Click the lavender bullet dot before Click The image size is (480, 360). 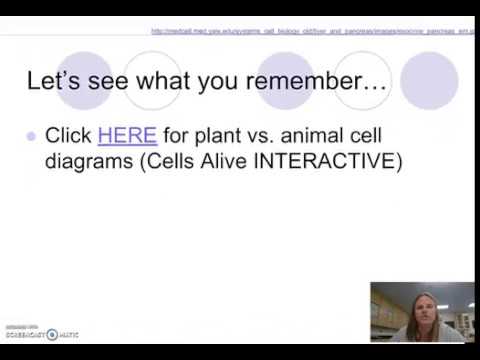[32, 137]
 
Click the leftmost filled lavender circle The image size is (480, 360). [83, 81]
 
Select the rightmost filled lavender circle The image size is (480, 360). [428, 81]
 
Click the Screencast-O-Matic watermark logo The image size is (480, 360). [42, 332]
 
